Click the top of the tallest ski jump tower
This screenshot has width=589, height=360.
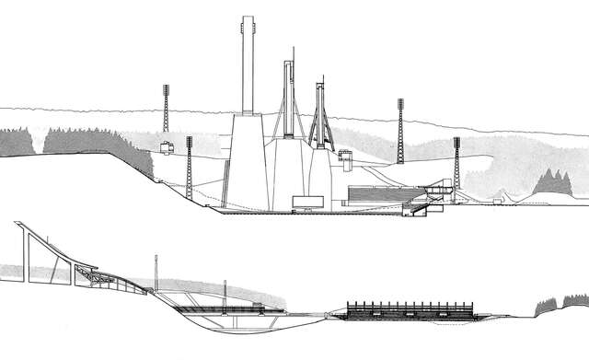(x=247, y=18)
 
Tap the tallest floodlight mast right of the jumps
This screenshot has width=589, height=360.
(x=400, y=129)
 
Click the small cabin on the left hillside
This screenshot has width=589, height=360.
(x=167, y=147)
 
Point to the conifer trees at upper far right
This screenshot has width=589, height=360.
(x=552, y=182)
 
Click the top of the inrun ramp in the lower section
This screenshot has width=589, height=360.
(x=18, y=226)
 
